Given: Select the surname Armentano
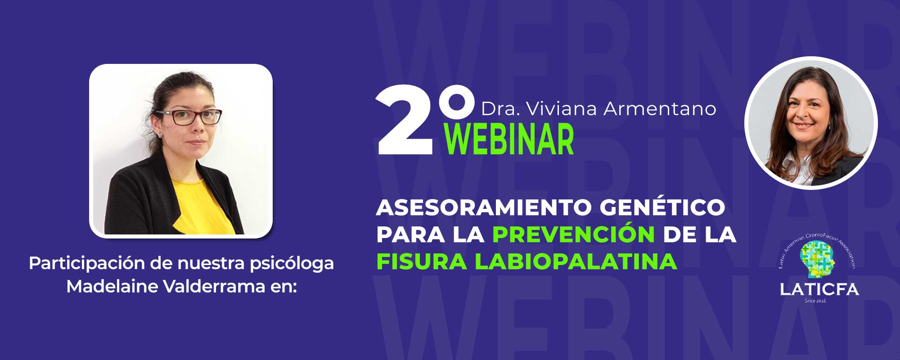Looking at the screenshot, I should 660,109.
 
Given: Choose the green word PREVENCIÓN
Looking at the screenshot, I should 573,234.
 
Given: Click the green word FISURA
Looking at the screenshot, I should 421,262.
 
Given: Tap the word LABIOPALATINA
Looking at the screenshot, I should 576,262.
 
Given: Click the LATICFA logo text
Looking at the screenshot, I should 819,289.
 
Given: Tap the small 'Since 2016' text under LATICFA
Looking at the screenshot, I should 815,300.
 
